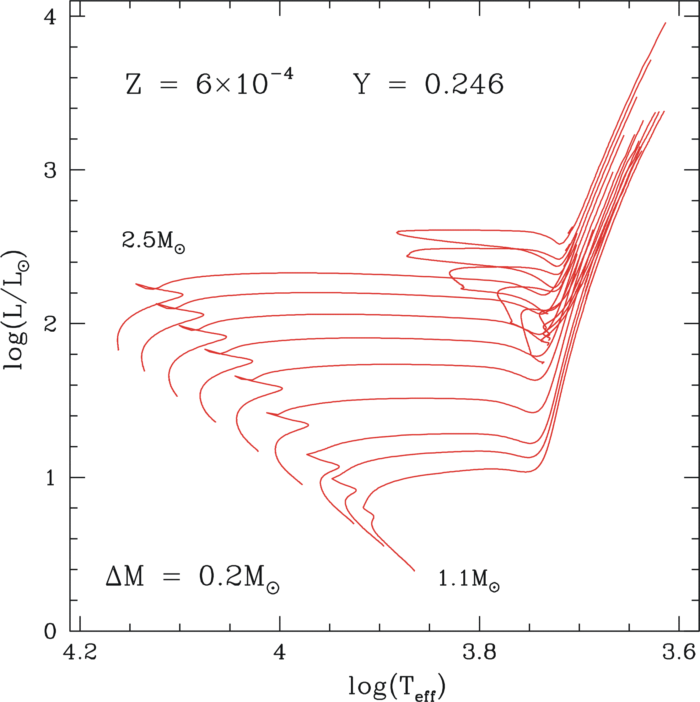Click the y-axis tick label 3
(50, 170)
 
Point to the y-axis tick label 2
(50, 324)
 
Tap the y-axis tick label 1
(50, 478)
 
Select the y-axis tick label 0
(50, 632)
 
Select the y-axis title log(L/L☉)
(16, 310)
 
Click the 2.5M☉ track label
(153, 241)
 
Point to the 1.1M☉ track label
(468, 578)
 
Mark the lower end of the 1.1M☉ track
(414, 571)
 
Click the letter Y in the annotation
(362, 84)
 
